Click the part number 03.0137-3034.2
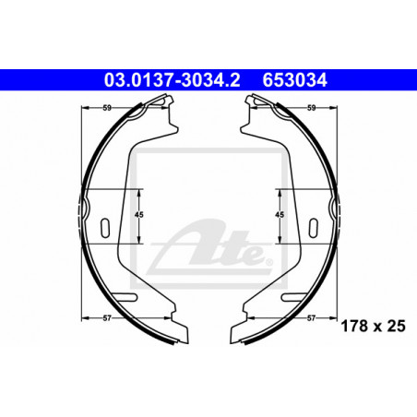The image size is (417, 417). coord(172,80)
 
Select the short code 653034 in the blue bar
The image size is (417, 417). coord(294,80)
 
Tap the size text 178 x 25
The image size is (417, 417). coord(374,326)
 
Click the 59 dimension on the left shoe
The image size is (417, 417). coord(107,108)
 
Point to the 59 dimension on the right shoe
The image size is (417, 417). coord(312,108)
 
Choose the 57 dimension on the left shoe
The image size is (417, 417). coord(107,318)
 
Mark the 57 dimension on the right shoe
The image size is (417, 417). coord(312,318)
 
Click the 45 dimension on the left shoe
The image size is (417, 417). coord(139,215)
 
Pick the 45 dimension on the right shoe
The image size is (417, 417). coord(280,215)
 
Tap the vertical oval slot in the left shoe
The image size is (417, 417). coord(105,228)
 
